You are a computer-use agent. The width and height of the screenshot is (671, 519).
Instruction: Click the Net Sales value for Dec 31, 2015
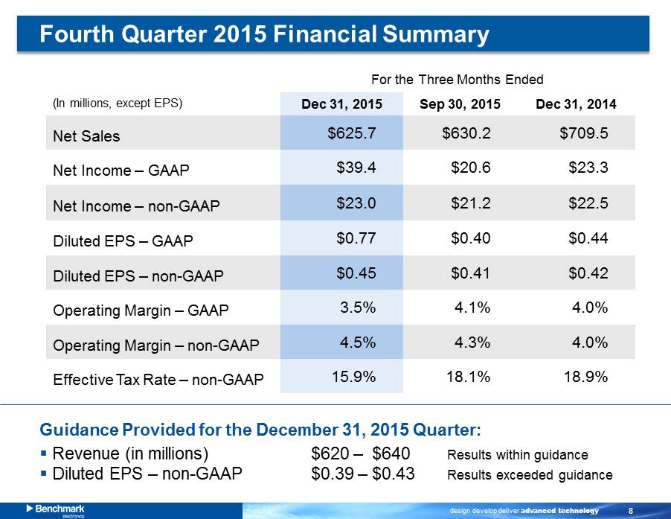[352, 133]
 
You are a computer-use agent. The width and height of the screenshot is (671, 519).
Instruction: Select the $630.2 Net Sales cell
[466, 133]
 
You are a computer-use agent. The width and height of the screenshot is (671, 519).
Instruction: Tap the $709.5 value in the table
[584, 133]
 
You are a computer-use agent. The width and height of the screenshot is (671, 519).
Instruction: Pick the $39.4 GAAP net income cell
[356, 168]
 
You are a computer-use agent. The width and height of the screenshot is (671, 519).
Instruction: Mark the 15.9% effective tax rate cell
[353, 377]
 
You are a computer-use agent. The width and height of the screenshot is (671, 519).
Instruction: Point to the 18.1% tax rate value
[468, 377]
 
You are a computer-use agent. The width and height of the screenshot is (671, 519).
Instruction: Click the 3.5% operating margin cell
[358, 308]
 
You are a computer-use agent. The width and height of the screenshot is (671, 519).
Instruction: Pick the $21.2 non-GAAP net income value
[470, 203]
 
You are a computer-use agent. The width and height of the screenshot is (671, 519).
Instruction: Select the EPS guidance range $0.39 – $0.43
[363, 474]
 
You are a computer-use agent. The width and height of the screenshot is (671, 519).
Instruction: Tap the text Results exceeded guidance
[530, 475]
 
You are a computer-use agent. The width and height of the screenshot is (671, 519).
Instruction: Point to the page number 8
[631, 510]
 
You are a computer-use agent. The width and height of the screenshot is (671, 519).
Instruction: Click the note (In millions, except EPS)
[118, 103]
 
